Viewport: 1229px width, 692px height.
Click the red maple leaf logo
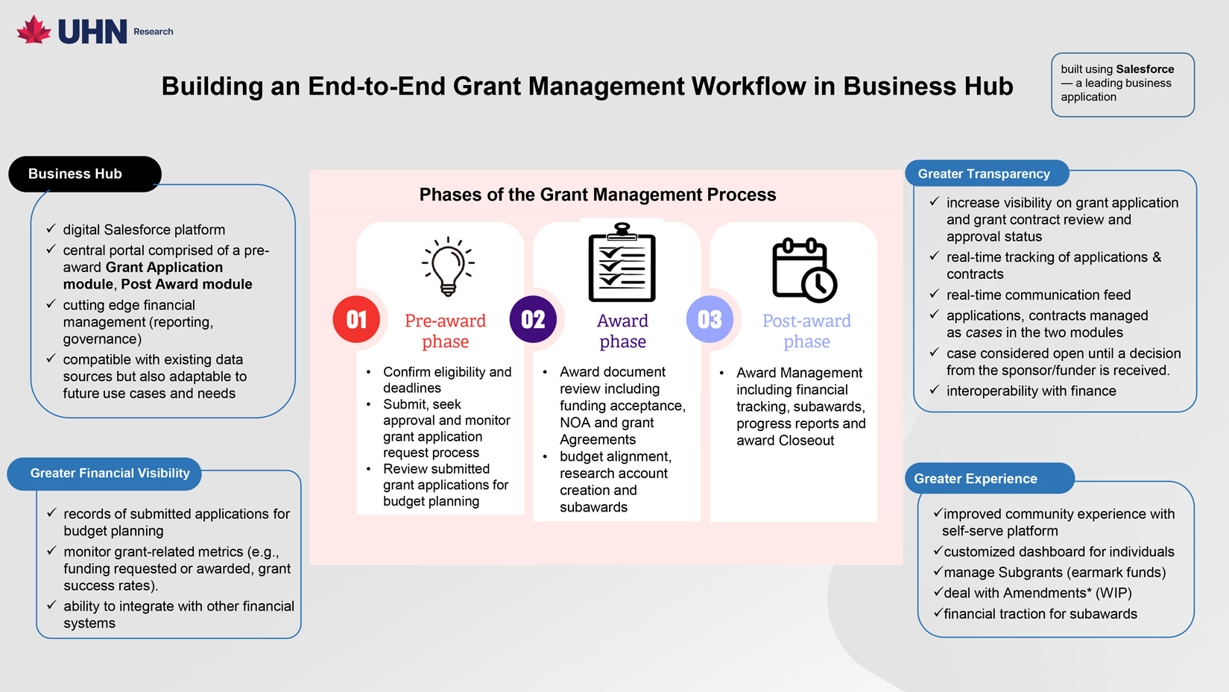click(34, 30)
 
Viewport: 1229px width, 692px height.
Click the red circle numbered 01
click(356, 319)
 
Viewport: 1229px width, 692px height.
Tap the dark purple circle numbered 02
click(533, 319)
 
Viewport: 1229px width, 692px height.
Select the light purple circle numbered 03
click(710, 319)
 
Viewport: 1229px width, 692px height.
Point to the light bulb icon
click(448, 266)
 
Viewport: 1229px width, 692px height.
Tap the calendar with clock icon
click(804, 269)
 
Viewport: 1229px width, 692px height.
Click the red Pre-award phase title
click(445, 331)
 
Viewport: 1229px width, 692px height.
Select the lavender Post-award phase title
click(806, 331)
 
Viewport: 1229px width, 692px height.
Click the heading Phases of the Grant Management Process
click(597, 195)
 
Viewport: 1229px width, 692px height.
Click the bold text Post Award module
click(186, 284)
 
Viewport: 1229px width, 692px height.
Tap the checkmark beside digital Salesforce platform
click(51, 229)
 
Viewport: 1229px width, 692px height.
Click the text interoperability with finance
click(1031, 391)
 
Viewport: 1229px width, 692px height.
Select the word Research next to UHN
click(154, 31)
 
